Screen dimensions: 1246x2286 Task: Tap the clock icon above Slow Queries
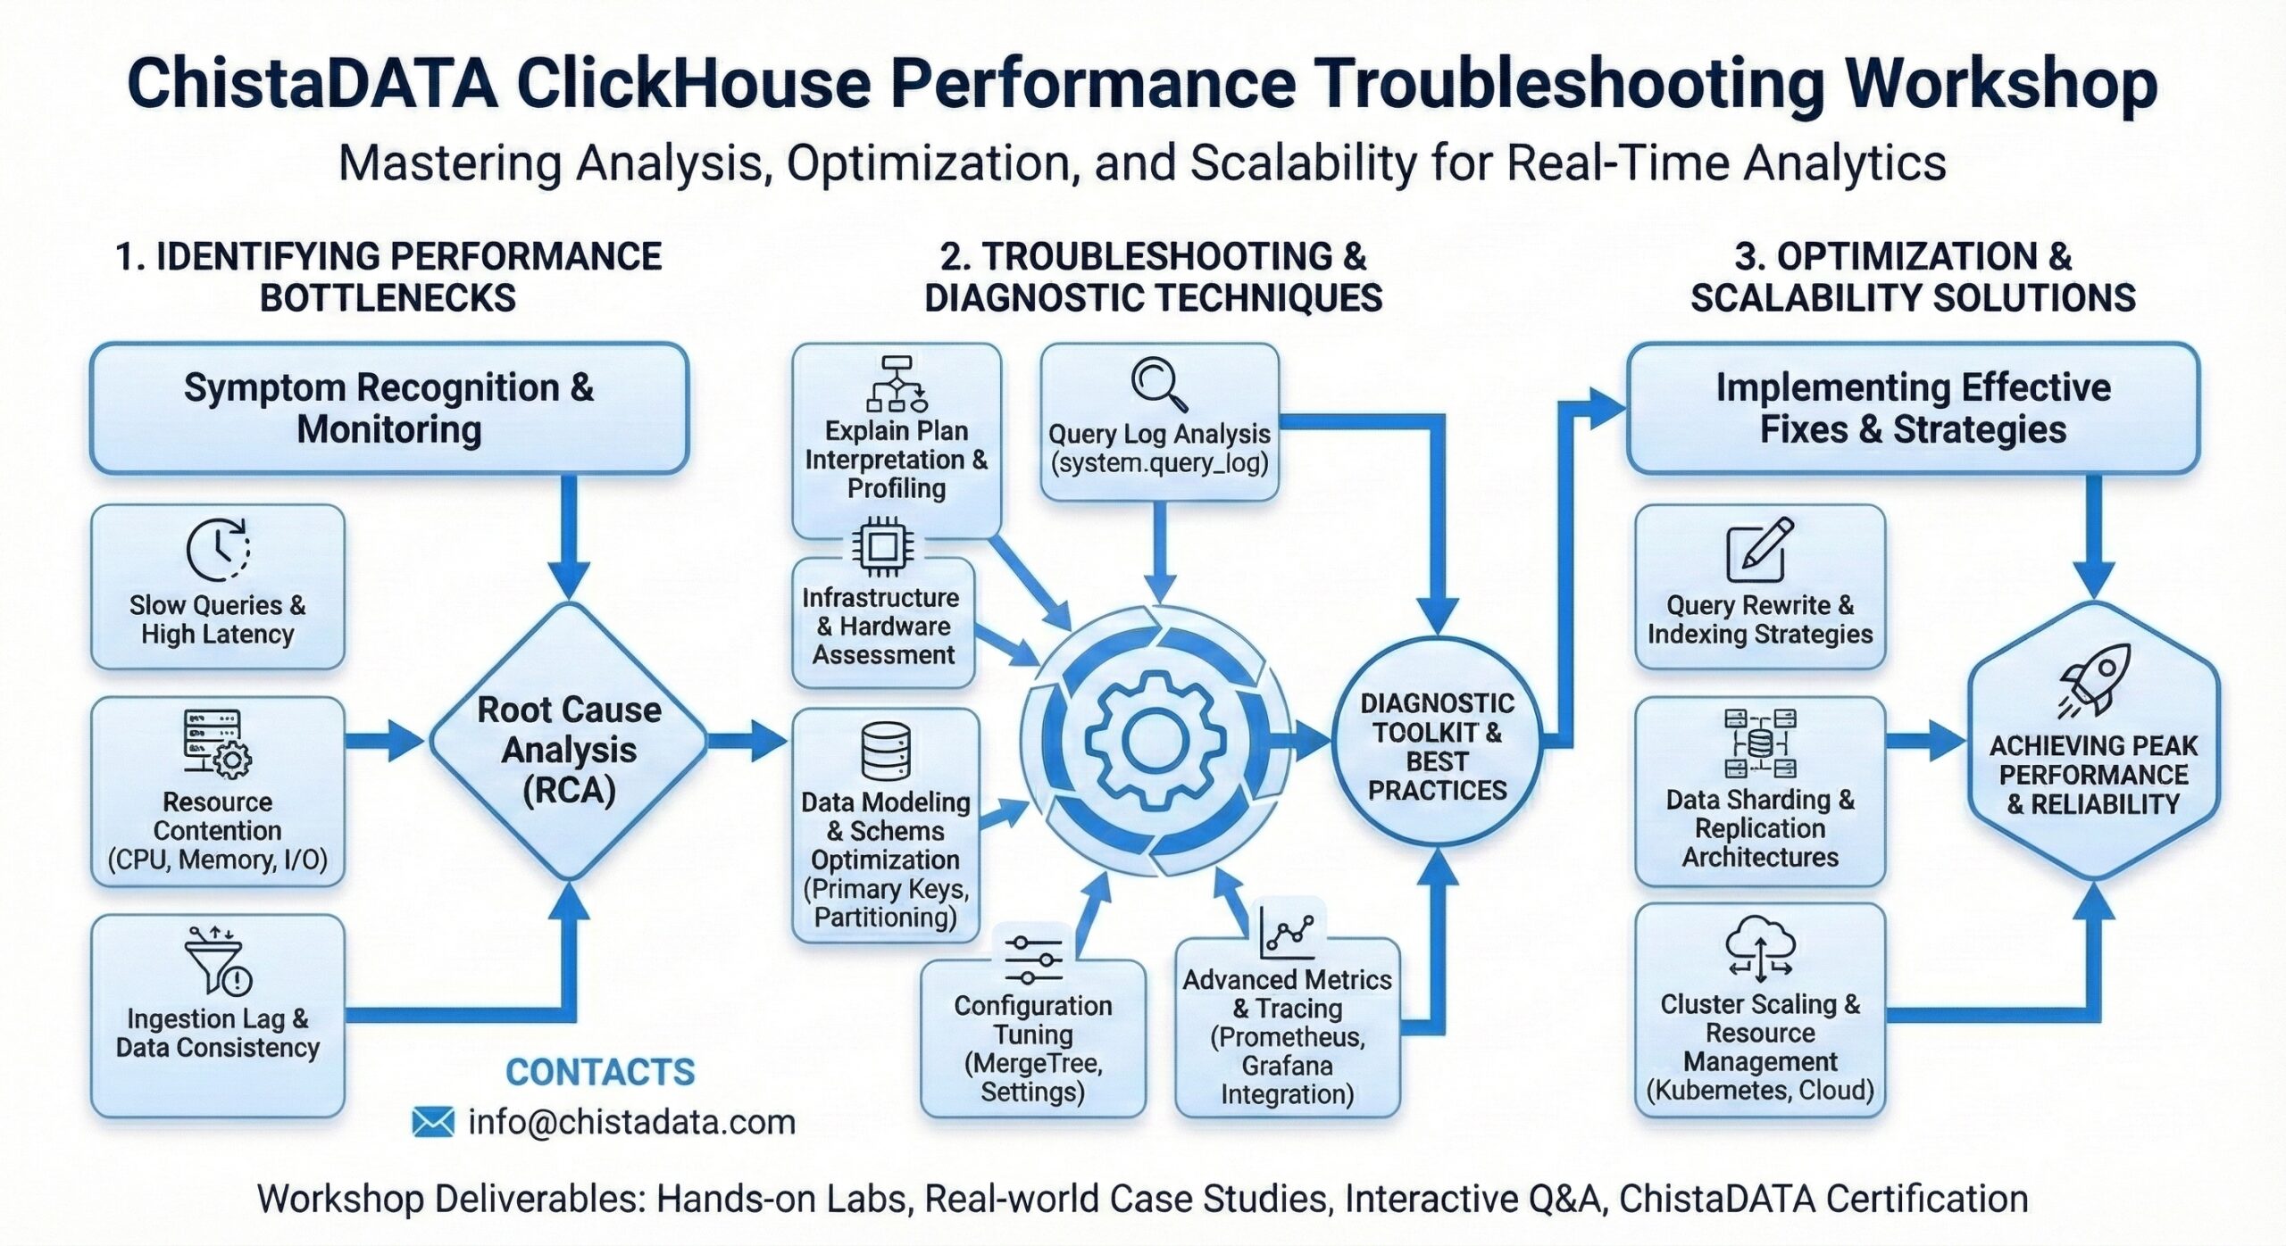(x=217, y=550)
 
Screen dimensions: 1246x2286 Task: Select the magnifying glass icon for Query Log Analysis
(x=1158, y=385)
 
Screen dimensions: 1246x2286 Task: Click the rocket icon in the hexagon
(x=2094, y=680)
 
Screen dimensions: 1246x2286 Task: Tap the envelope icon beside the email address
(x=434, y=1122)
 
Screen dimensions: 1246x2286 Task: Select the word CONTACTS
(x=600, y=1072)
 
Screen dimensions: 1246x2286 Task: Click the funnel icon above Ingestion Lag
(x=217, y=960)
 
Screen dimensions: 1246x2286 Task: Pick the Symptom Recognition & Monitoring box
(x=389, y=409)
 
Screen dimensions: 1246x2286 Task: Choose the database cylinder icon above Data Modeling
(x=886, y=752)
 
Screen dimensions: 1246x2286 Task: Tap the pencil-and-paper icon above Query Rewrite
(x=1759, y=549)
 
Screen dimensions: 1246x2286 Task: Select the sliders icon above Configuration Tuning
(x=1033, y=960)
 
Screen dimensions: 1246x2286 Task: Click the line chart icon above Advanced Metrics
(x=1287, y=934)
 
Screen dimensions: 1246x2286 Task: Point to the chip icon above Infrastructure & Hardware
(x=882, y=544)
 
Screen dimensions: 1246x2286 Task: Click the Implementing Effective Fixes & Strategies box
(x=1913, y=409)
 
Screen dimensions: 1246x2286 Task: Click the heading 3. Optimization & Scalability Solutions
(x=1913, y=277)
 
